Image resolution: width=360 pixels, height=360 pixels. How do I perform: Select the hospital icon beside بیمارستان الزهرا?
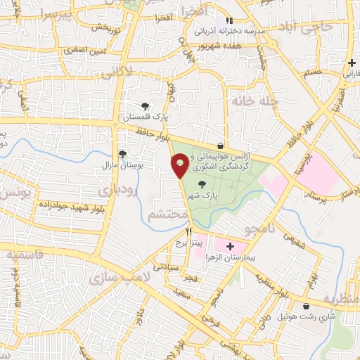pyautogui.click(x=230, y=246)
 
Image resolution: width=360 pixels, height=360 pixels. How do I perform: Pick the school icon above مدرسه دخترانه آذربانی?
pyautogui.click(x=228, y=22)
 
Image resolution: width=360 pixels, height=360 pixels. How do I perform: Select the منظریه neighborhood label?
pyautogui.click(x=340, y=300)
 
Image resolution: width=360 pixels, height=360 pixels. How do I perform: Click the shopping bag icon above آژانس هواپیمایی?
pyautogui.click(x=221, y=146)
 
